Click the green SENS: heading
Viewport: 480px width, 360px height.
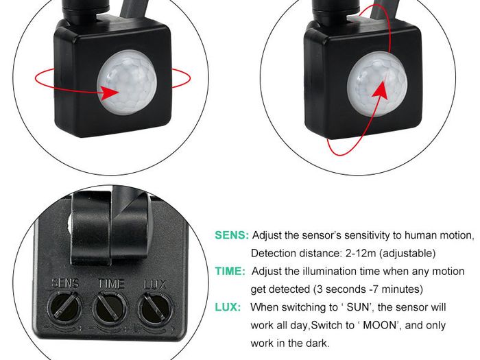tap(232, 235)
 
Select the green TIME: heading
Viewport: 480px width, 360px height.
tap(230, 272)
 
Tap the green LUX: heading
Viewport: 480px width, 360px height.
tap(228, 307)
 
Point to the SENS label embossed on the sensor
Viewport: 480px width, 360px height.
tap(66, 283)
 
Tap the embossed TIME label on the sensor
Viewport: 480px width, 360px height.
tap(111, 284)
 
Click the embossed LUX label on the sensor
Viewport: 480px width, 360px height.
tap(155, 285)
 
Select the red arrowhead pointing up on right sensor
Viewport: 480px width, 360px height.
tap(381, 91)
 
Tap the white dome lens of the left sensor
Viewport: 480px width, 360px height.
tap(127, 83)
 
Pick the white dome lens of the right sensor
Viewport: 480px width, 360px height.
tap(377, 84)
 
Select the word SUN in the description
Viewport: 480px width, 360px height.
tap(358, 307)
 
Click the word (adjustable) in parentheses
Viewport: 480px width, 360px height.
tap(407, 254)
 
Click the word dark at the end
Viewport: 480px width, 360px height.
tap(317, 343)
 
